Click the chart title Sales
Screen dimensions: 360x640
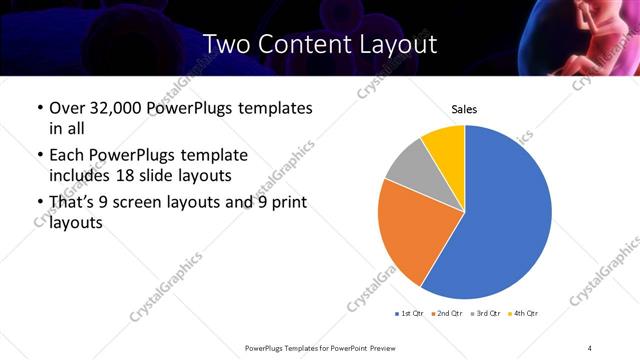click(x=464, y=108)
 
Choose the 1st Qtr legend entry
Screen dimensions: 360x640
click(x=409, y=314)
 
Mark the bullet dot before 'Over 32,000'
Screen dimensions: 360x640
click(x=39, y=108)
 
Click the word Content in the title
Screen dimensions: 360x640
click(x=303, y=45)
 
